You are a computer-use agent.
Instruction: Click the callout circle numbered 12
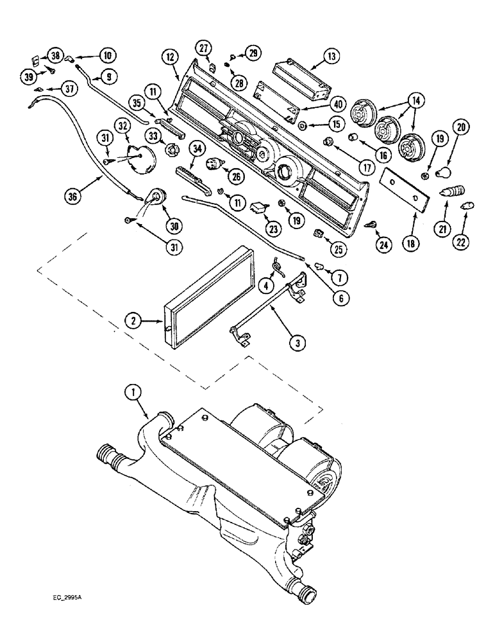coord(169,56)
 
